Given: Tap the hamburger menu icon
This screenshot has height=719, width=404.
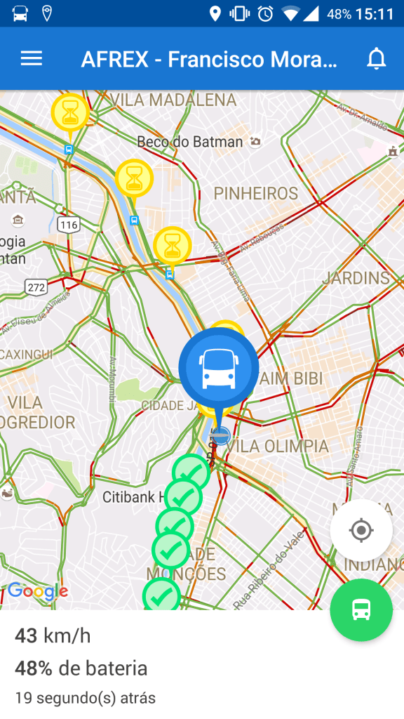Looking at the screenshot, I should (x=32, y=59).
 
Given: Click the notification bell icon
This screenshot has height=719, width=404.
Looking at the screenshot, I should (x=377, y=59).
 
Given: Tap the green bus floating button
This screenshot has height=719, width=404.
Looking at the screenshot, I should (x=361, y=609).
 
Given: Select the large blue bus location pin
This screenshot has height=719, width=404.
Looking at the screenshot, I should (x=218, y=368).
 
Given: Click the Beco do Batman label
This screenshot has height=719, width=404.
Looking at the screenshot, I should (x=190, y=142).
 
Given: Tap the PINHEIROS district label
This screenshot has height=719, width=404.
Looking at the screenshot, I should (x=256, y=193).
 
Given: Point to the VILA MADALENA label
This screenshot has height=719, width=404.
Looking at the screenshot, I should (x=173, y=100).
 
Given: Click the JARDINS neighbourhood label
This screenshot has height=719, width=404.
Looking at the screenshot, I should (x=356, y=278).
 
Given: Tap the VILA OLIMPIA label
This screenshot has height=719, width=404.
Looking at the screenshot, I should (x=278, y=447).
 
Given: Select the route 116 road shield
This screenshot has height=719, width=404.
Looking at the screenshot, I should (x=69, y=225).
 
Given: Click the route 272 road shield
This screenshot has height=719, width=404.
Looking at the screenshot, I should (x=36, y=286).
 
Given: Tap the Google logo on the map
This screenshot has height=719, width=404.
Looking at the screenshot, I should (x=38, y=591).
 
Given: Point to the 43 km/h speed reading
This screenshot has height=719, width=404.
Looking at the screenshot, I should (x=53, y=636).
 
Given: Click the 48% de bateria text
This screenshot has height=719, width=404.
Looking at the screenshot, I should (x=81, y=668).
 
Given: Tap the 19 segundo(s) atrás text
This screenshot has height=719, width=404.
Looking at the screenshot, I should (x=85, y=698).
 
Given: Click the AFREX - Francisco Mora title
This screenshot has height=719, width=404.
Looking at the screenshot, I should (x=209, y=60).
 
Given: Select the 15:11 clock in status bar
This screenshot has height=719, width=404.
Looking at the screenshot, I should (x=375, y=14).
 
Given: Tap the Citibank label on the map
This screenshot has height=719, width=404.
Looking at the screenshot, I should (x=133, y=497).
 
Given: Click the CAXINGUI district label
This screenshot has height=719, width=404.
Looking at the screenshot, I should (x=26, y=355).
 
